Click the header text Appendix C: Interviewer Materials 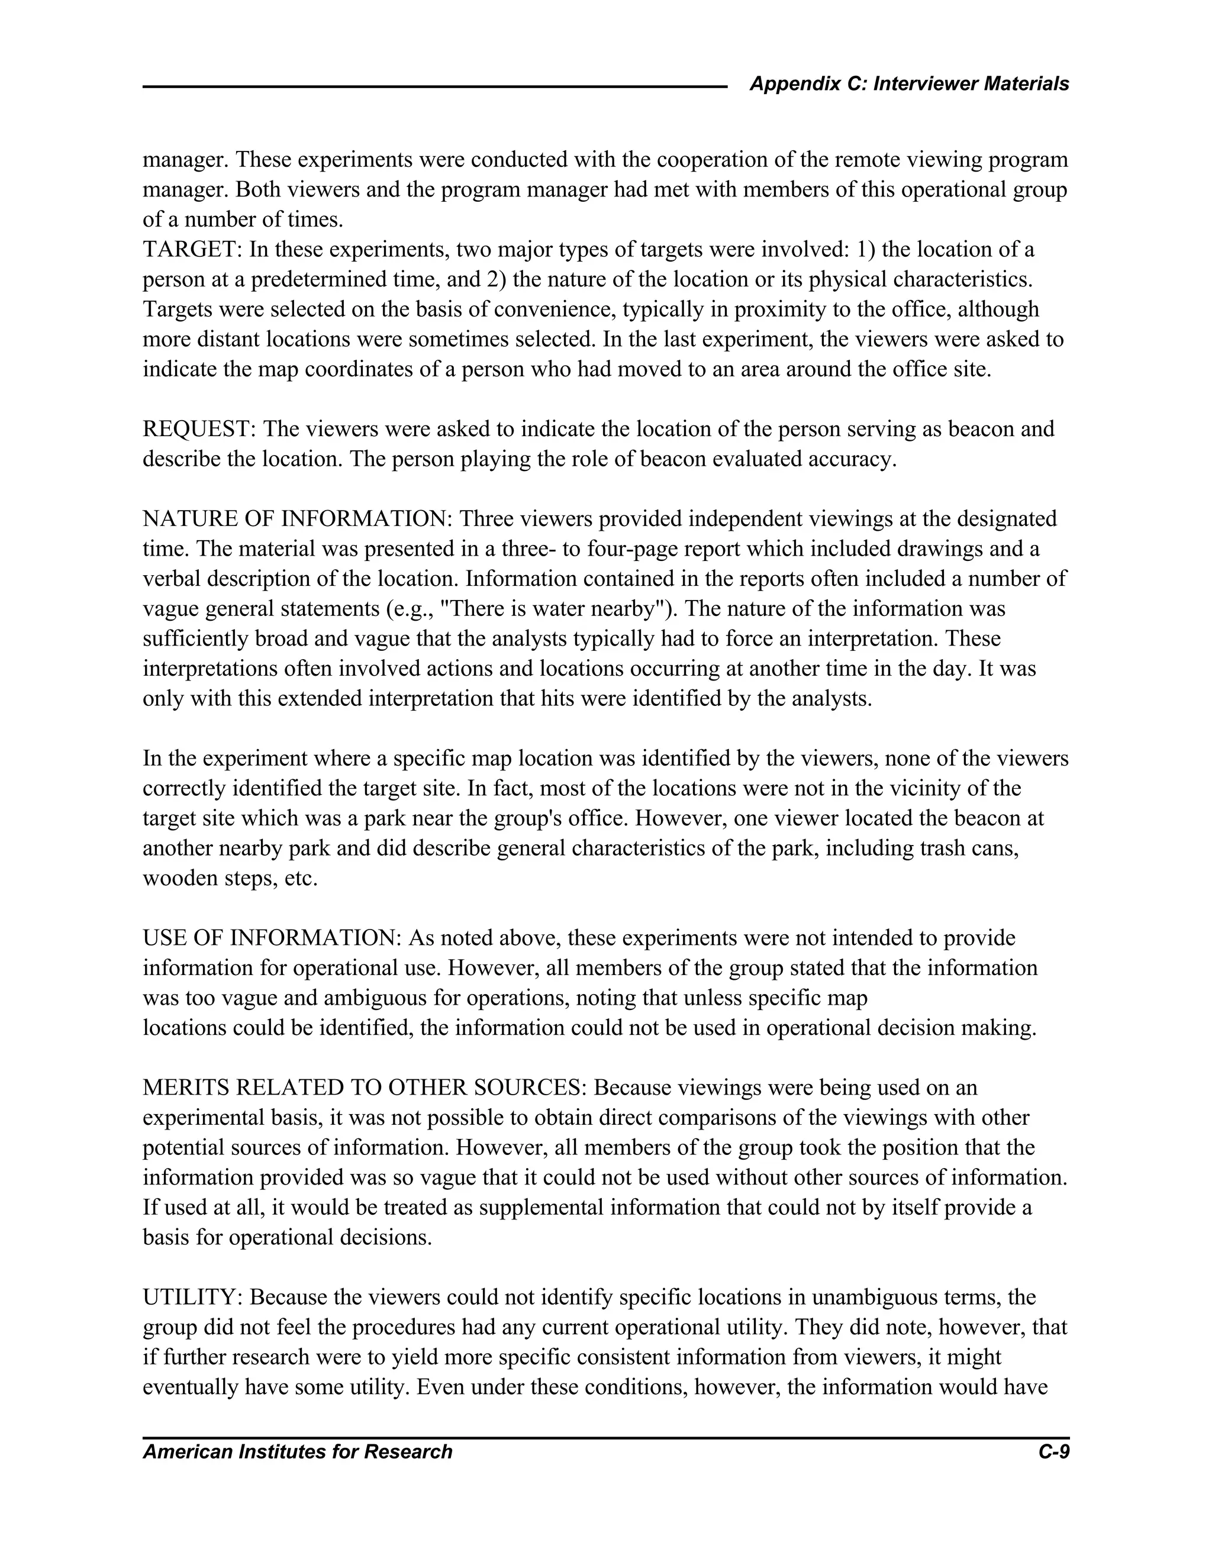tap(909, 84)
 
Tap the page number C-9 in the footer tap(1053, 1451)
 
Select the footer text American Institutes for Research tap(297, 1451)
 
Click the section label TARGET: tap(192, 250)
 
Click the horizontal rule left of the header tap(434, 87)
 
